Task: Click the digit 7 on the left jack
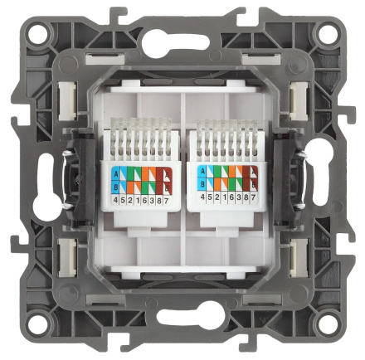click(x=167, y=202)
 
